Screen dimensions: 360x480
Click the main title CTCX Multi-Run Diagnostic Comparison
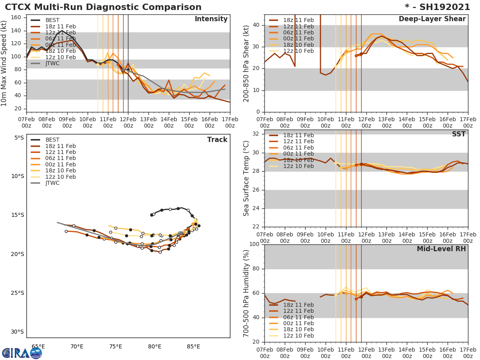(x=103, y=7)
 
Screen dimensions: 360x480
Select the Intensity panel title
(x=211, y=19)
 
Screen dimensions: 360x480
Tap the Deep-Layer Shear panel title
(x=432, y=19)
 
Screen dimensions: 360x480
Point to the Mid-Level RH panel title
(x=441, y=249)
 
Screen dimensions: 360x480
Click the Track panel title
(x=217, y=140)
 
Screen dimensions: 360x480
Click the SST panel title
(x=459, y=134)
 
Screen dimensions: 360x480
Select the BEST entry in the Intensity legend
(x=52, y=20)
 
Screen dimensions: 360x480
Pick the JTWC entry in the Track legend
(x=52, y=183)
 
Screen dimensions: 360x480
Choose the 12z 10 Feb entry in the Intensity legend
(x=60, y=57)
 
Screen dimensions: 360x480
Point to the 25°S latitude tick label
(x=17, y=293)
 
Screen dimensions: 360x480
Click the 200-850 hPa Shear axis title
(x=247, y=63)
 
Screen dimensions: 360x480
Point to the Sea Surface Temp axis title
(x=247, y=178)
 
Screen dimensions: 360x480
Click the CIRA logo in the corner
(x=22, y=353)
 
